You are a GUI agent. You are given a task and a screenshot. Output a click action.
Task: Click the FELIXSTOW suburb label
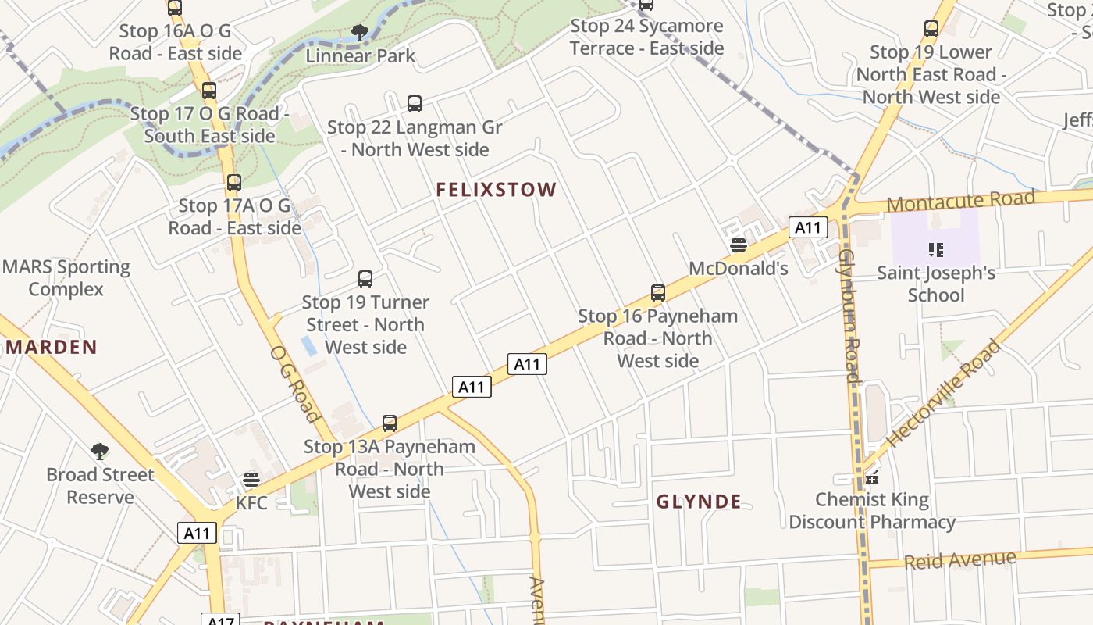pos(496,190)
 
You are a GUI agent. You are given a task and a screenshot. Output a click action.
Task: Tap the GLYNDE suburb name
pos(699,502)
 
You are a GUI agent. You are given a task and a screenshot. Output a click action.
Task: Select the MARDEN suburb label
pos(52,347)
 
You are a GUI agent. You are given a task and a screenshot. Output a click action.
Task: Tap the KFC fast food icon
pos(251,480)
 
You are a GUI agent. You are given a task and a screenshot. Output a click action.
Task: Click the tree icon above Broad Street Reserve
pos(100,451)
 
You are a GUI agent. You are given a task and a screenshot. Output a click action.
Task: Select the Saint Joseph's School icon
pos(936,250)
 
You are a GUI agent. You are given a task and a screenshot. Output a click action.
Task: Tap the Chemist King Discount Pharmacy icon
pos(872,477)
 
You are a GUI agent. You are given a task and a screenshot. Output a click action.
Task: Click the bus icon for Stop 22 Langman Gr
pos(415,103)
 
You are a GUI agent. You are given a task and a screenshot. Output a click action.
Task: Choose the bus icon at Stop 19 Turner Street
pos(365,279)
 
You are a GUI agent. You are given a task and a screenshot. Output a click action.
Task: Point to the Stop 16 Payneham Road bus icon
pos(658,293)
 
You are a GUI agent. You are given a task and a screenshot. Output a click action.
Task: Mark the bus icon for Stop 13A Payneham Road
pos(390,423)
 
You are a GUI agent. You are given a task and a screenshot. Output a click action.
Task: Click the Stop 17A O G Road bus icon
pos(234,183)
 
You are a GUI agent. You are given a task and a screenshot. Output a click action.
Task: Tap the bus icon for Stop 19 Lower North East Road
pos(931,29)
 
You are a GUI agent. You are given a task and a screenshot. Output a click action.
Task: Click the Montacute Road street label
pos(961,201)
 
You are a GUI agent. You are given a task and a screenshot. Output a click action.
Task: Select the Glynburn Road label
pos(849,316)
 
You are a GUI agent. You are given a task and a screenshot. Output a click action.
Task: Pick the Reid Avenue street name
pos(960,559)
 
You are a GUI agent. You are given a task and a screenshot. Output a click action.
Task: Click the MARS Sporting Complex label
pos(66,278)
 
